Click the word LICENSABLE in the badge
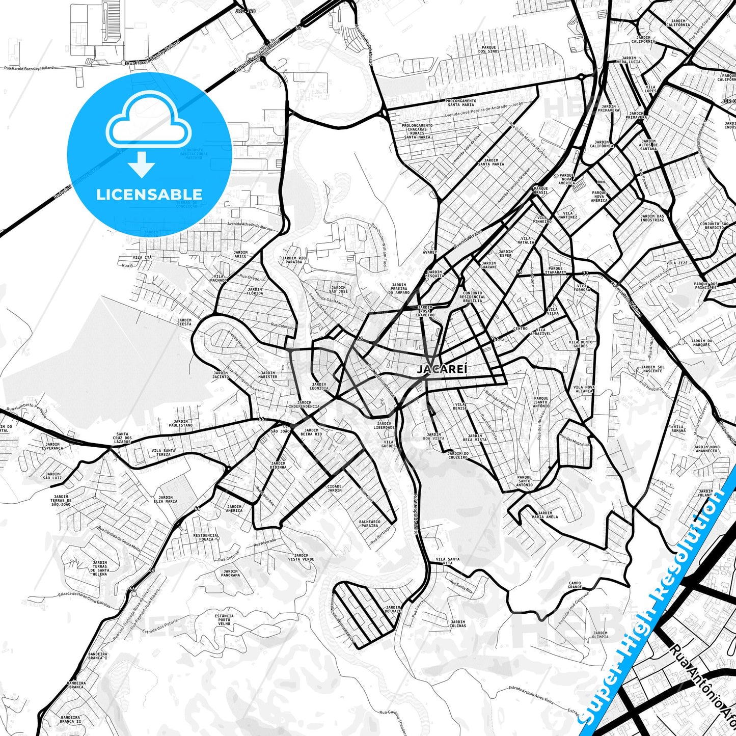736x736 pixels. click(149, 195)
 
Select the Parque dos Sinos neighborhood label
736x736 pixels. click(488, 49)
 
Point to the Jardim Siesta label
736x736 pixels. click(184, 322)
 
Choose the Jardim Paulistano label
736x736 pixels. click(181, 423)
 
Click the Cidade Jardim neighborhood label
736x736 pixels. click(335, 488)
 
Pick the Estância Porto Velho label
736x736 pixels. click(224, 619)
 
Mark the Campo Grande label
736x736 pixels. click(575, 585)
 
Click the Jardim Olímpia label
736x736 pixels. click(600, 635)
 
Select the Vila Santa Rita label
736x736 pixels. click(447, 561)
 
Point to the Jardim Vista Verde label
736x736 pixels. click(301, 557)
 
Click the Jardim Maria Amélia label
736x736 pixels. click(544, 515)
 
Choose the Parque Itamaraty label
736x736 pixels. click(555, 270)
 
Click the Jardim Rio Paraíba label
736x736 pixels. click(294, 260)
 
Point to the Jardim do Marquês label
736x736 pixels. click(701, 343)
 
